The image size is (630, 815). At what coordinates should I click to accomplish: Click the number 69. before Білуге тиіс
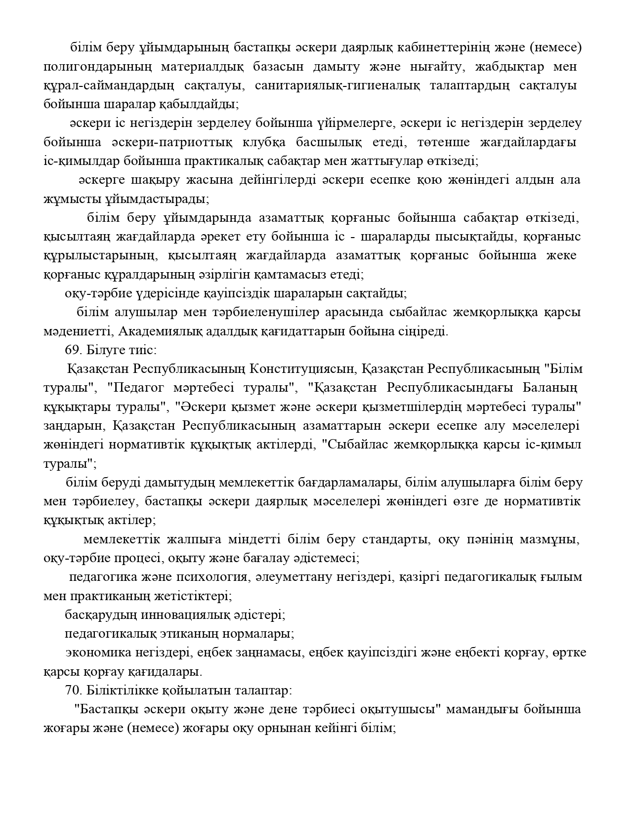click(74, 350)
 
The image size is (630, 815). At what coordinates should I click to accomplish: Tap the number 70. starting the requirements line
click(74, 691)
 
